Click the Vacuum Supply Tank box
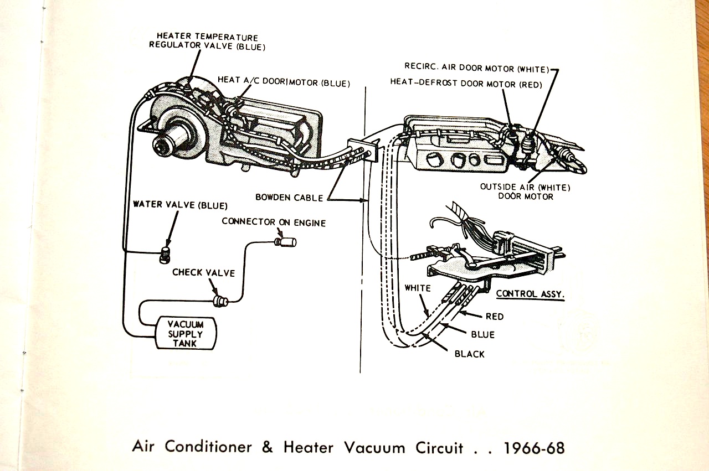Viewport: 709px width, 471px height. pyautogui.click(x=186, y=333)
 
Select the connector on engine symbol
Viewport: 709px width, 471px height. pyautogui.click(x=286, y=241)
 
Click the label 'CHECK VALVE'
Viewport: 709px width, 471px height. pyautogui.click(x=203, y=273)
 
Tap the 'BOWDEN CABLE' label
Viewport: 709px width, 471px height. pyautogui.click(x=290, y=197)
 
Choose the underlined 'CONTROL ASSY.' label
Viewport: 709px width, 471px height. pyautogui.click(x=530, y=294)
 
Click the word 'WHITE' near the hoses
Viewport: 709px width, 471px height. pyautogui.click(x=417, y=288)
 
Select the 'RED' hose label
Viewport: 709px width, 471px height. pyautogui.click(x=494, y=317)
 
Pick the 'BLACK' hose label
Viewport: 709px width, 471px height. pyautogui.click(x=469, y=354)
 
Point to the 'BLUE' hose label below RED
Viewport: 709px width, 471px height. pyautogui.click(x=482, y=335)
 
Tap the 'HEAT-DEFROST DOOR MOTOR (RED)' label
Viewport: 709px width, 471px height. pyautogui.click(x=466, y=84)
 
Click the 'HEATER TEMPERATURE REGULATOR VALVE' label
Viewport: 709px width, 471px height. pyautogui.click(x=207, y=42)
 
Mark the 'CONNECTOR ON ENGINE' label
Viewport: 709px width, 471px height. pyautogui.click(x=274, y=222)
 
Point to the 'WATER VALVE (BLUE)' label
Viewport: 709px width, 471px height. pyautogui.click(x=180, y=205)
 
